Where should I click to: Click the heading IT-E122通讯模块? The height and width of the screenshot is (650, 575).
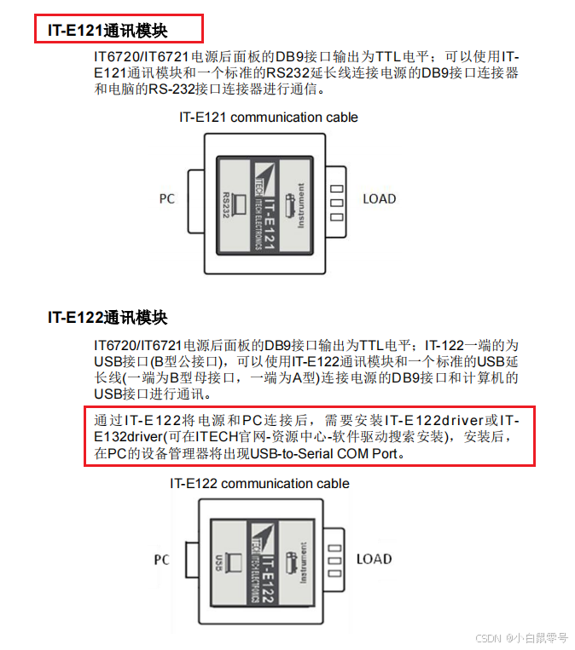pyautogui.click(x=107, y=318)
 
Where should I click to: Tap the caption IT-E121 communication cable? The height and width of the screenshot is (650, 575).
pyautogui.click(x=268, y=118)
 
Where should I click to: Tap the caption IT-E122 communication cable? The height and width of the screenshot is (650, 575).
pyautogui.click(x=259, y=484)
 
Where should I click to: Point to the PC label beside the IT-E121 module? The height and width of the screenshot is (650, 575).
pyautogui.click(x=167, y=198)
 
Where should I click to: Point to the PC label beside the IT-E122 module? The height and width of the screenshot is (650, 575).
pyautogui.click(x=162, y=560)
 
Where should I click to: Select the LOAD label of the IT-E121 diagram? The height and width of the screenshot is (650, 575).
pyautogui.click(x=379, y=198)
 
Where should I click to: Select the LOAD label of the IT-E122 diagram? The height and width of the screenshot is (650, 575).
pyautogui.click(x=374, y=560)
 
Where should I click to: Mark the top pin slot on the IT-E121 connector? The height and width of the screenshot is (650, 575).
pyautogui.click(x=336, y=188)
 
